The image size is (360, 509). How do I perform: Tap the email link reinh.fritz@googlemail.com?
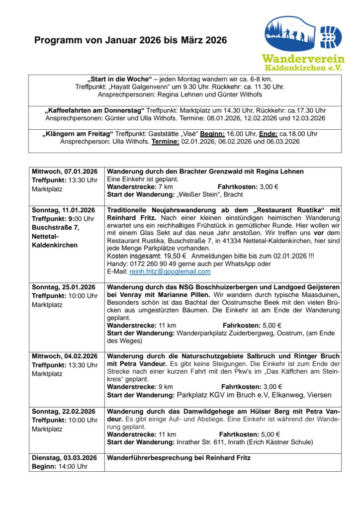pos(170,272)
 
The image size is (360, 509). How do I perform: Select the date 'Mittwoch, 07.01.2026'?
pos(65,171)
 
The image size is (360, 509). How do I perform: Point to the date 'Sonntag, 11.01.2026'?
pos(63,210)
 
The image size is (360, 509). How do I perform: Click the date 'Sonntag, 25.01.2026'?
pos(63,287)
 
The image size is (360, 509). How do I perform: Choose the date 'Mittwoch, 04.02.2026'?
pos(65,356)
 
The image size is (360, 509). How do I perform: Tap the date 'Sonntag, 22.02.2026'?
pos(63,412)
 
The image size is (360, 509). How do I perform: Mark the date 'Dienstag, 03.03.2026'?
pos(65,458)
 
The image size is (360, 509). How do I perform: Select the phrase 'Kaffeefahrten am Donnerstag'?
pos(94,110)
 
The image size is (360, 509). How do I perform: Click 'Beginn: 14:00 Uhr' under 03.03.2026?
pos(60,466)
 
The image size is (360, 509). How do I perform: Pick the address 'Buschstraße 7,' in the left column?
pos(54,227)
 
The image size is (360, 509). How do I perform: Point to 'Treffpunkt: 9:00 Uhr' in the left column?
pos(63,219)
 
